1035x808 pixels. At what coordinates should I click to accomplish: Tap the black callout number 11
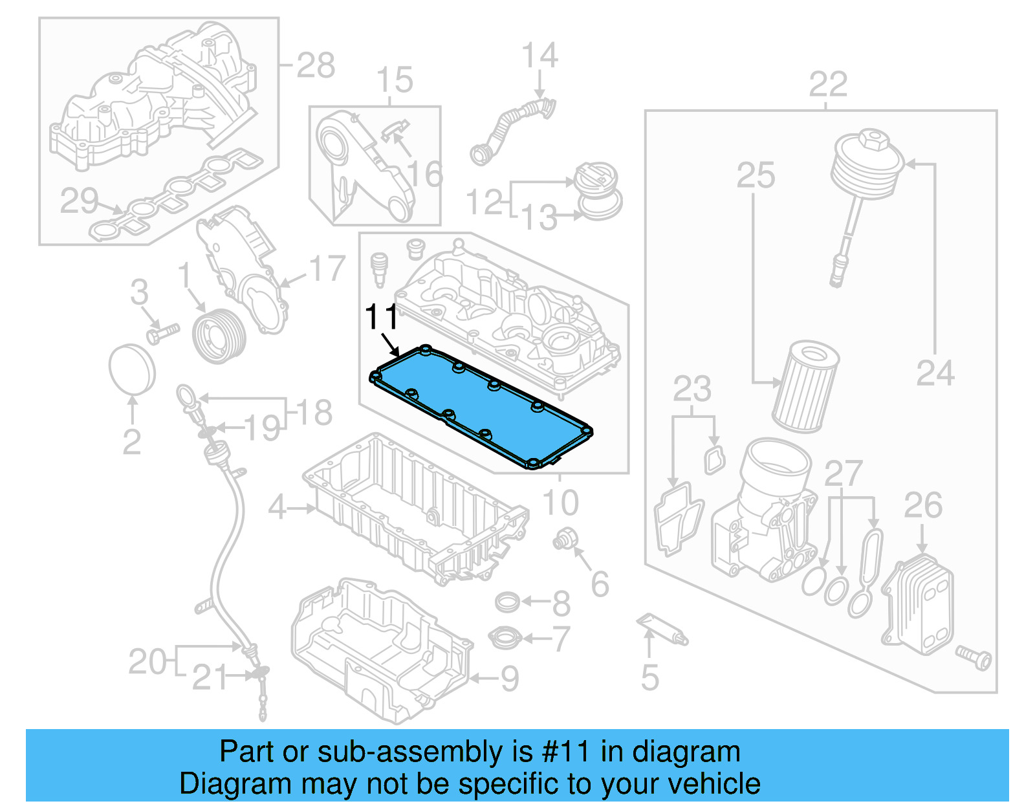click(x=382, y=317)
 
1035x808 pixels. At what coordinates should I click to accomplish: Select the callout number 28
click(x=316, y=65)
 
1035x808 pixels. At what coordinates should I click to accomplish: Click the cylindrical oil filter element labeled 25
click(x=805, y=388)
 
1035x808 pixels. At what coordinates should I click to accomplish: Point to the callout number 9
click(x=510, y=679)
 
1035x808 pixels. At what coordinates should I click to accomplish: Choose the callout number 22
click(x=828, y=85)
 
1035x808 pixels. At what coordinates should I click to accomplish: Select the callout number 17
click(x=327, y=268)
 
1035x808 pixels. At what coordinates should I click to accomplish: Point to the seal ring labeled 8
click(x=507, y=602)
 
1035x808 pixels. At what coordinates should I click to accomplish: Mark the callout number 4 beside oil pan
click(x=277, y=508)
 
